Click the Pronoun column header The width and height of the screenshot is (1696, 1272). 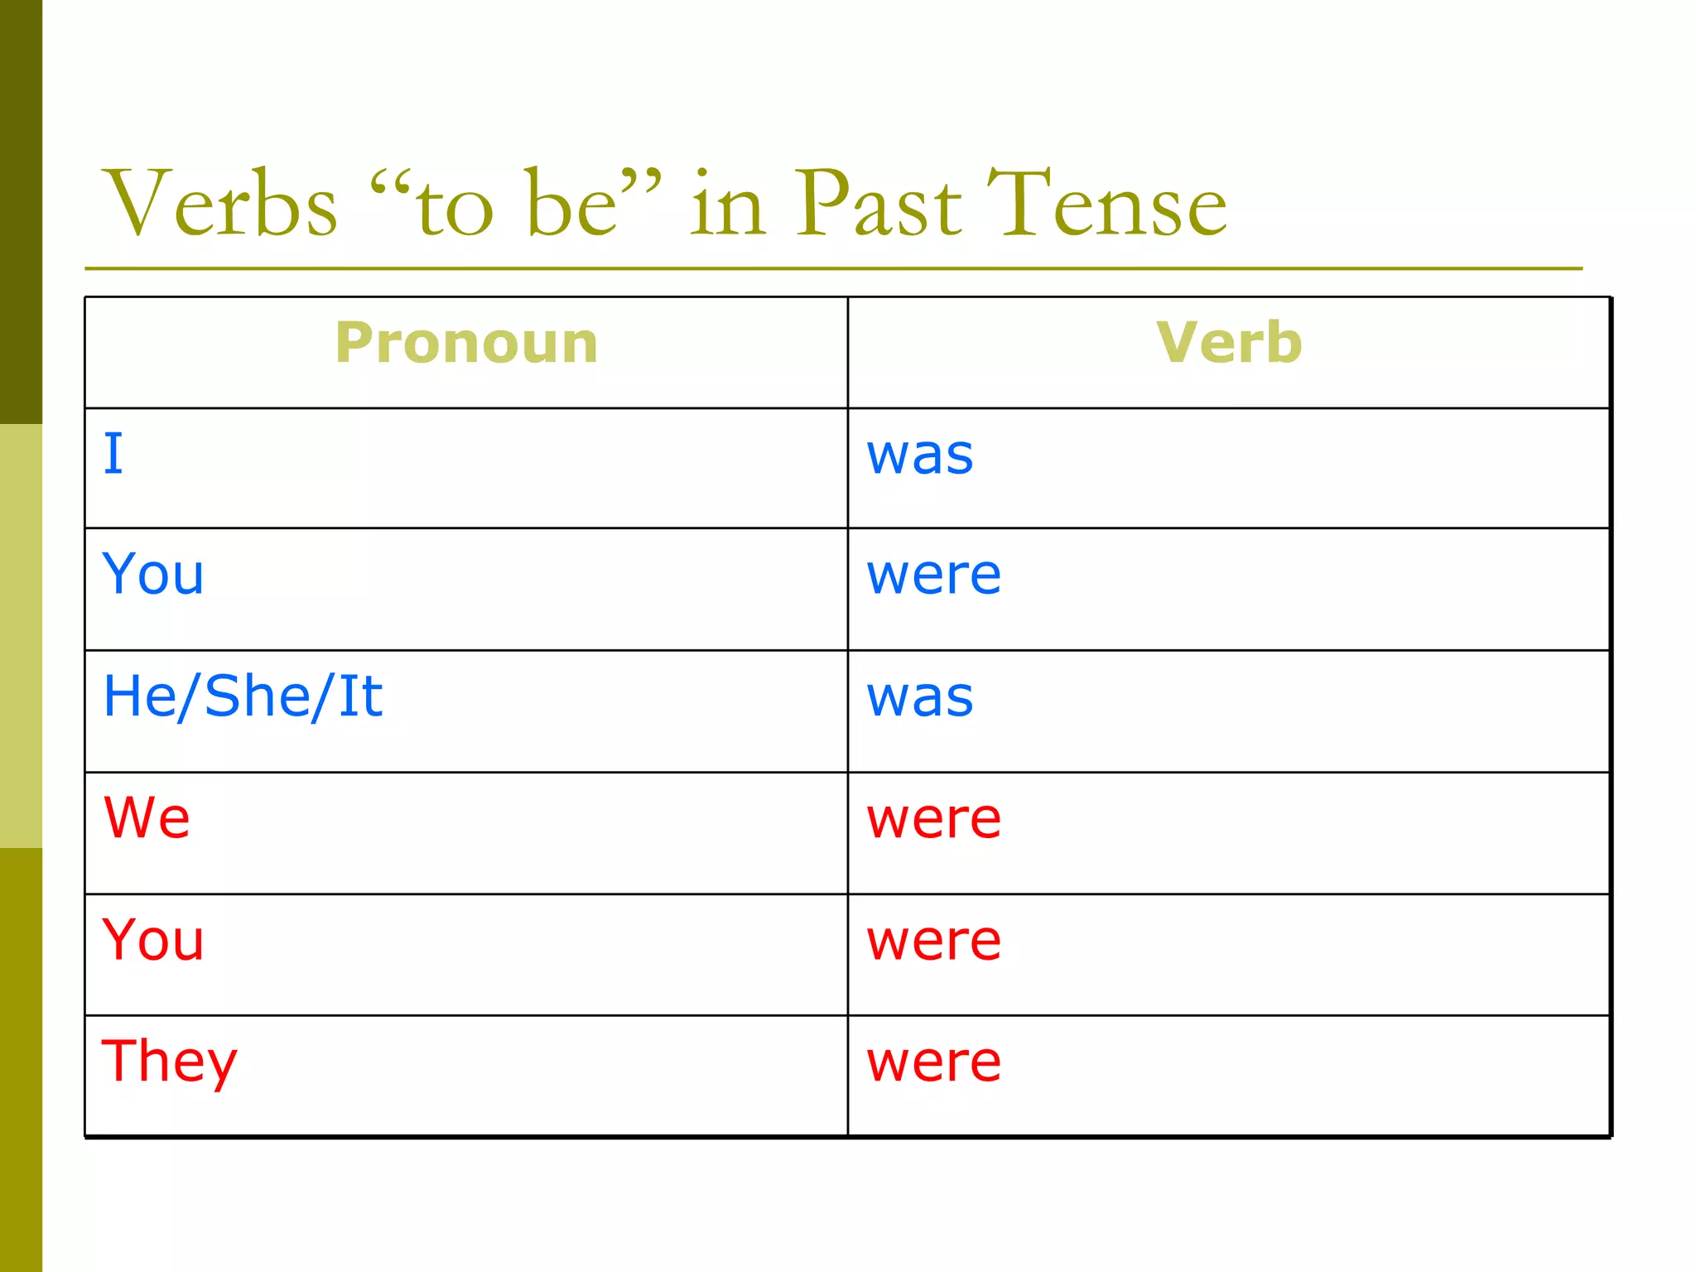466,343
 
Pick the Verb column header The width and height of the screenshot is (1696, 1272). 1229,343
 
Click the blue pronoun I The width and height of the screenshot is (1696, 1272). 113,454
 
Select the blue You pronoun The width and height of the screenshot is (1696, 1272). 153,574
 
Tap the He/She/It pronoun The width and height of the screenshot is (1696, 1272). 243,696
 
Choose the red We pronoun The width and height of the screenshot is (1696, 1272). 147,817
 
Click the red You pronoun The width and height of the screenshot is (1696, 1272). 153,940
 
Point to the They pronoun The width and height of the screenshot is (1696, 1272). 170,1062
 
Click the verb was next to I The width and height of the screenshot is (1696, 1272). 920,455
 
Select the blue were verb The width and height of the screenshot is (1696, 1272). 934,575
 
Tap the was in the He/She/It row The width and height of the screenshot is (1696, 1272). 920,697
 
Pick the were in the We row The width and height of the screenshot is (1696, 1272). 934,819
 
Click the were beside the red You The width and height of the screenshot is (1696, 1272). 934,941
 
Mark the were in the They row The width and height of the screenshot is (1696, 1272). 934,1062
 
